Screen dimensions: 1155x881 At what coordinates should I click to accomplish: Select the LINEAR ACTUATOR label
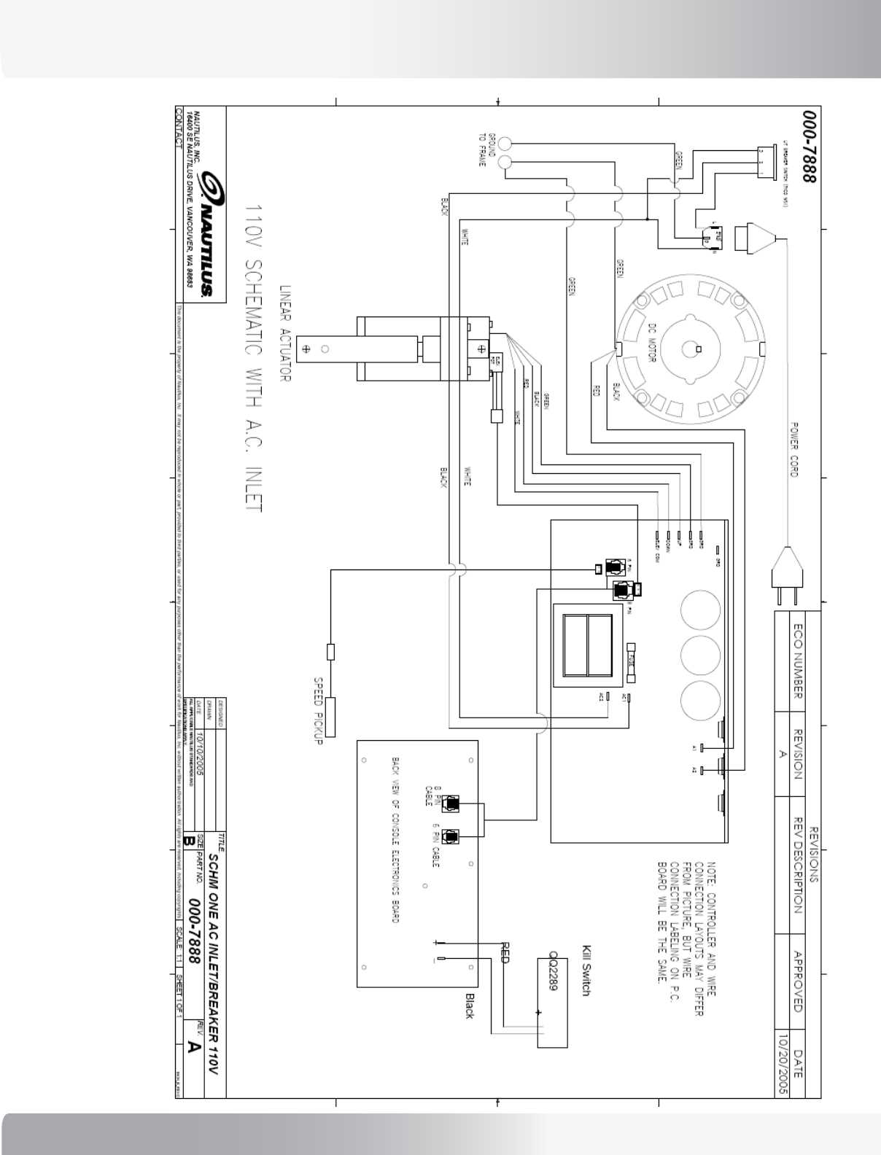(285, 332)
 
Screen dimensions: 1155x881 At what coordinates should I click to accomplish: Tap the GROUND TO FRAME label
(486, 150)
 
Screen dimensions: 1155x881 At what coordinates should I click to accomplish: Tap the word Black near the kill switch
(470, 1007)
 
